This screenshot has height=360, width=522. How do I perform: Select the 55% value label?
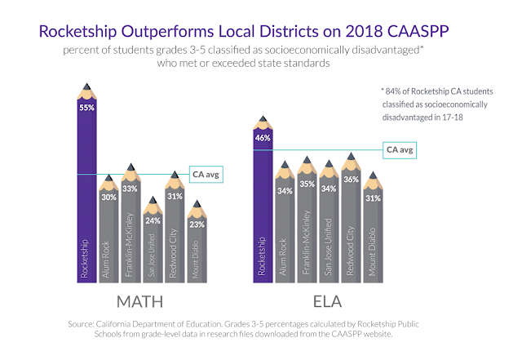click(x=86, y=107)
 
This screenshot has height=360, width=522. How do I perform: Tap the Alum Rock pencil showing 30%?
click(x=108, y=233)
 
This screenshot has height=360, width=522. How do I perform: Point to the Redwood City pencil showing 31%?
click(x=175, y=233)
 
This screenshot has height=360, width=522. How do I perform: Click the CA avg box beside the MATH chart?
click(x=204, y=174)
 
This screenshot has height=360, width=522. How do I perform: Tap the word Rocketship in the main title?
click(x=82, y=33)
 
